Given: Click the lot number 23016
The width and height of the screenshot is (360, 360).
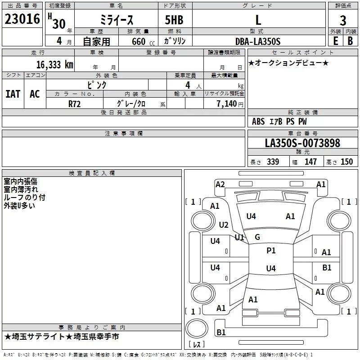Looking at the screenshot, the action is (x=22, y=19).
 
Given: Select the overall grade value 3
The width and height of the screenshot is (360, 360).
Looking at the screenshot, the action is (x=343, y=21).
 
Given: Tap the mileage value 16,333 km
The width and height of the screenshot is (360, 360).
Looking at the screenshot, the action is (x=54, y=64).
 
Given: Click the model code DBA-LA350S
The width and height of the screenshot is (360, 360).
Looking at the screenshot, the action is (x=258, y=41).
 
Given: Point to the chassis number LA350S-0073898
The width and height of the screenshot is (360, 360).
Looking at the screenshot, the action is (x=302, y=143).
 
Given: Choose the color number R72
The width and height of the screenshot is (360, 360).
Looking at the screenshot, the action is (x=74, y=104).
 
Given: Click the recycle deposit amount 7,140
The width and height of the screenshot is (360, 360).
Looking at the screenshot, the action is (x=226, y=104).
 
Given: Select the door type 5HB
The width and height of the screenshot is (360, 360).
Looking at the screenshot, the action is (x=174, y=20).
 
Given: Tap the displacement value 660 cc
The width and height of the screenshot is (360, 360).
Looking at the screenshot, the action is (x=143, y=42).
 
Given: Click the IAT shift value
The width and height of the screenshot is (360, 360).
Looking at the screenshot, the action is (x=13, y=94).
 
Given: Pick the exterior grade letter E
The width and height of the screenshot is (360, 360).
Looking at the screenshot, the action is (x=336, y=41).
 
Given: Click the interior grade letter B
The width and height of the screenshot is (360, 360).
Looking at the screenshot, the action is (x=350, y=41).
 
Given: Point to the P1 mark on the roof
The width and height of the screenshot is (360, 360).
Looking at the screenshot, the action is (x=271, y=251).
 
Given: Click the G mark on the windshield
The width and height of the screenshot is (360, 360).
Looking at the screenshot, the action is (x=257, y=237).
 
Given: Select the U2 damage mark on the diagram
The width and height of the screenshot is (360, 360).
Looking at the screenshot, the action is (x=224, y=225).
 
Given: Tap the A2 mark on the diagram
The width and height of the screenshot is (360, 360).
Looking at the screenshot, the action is (x=220, y=184).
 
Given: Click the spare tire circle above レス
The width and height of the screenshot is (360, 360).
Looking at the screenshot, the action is (x=197, y=328).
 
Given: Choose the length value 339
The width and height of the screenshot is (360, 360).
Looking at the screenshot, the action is (x=273, y=162).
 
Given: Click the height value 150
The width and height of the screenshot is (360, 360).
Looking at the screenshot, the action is (x=346, y=162).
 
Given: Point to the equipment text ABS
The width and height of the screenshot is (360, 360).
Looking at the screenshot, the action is (x=258, y=121).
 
